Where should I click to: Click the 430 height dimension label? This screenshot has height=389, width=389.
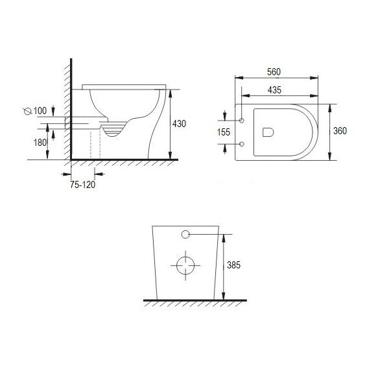pos(180,123)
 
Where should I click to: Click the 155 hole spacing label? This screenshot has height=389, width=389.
pos(222,131)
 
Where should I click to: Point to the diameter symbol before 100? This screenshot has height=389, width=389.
pos(27,112)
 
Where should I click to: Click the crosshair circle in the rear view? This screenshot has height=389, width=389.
pos(185,264)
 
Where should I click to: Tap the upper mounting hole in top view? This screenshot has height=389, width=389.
pos(242,121)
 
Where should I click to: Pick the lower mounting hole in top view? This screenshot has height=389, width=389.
pos(242,143)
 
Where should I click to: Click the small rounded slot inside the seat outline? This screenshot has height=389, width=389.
pos(267,132)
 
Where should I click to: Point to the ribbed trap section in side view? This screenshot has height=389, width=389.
pos(113,131)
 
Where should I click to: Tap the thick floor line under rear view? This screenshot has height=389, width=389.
pos(194,300)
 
